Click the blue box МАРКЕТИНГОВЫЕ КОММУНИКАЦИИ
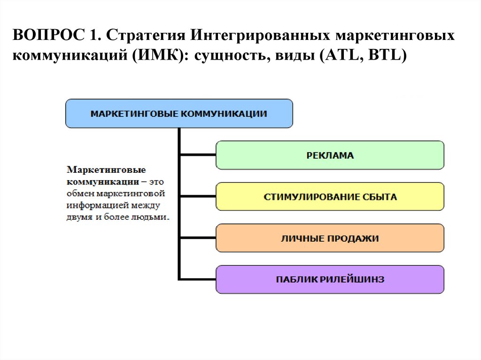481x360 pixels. (179, 114)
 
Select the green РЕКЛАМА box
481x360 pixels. (330, 155)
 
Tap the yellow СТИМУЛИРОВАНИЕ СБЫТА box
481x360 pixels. (330, 197)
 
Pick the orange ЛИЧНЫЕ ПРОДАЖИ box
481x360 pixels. (330, 238)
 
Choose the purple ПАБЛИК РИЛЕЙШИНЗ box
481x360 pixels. (330, 280)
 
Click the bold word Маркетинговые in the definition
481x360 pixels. (106, 169)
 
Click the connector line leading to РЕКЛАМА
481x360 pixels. (197, 155)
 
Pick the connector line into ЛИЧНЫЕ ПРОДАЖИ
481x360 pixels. (197, 238)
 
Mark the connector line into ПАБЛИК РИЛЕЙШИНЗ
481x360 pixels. (197, 279)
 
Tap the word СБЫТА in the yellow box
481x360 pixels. (380, 197)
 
